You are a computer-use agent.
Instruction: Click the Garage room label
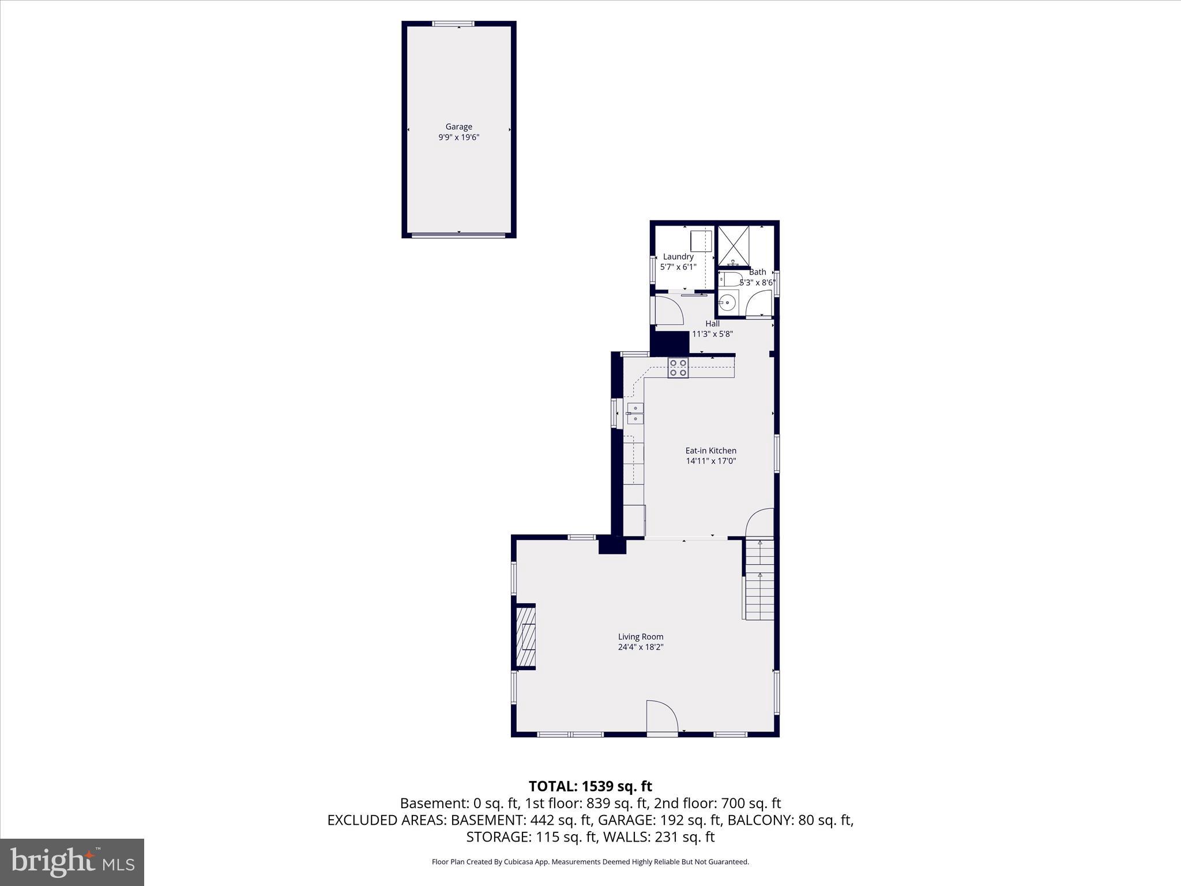(x=458, y=126)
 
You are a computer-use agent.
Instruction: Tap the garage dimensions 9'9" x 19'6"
(x=458, y=137)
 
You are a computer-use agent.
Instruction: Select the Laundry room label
(x=678, y=257)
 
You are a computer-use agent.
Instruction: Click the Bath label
(x=758, y=272)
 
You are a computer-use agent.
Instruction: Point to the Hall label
(x=712, y=324)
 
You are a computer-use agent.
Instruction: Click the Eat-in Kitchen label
(x=710, y=450)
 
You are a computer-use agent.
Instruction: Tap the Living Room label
(x=641, y=637)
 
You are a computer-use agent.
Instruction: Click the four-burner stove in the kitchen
(x=678, y=368)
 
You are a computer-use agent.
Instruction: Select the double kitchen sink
(x=635, y=413)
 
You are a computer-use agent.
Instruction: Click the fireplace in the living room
(x=526, y=637)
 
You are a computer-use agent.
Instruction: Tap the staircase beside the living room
(x=759, y=579)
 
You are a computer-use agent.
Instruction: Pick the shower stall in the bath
(x=733, y=245)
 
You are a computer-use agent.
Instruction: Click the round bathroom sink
(x=728, y=302)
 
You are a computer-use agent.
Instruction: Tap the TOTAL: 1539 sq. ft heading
(x=590, y=786)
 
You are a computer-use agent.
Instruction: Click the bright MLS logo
(x=72, y=862)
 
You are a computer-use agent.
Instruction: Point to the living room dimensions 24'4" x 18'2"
(x=641, y=647)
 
